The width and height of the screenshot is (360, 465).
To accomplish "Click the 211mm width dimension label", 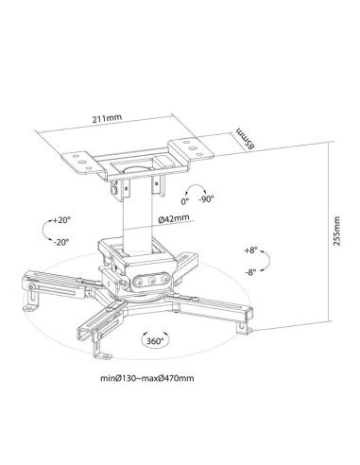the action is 107,119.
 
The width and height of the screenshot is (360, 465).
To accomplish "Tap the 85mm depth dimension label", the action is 246,138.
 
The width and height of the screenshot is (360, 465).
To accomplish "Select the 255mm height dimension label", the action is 336,232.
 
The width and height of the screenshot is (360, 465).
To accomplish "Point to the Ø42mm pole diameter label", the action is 174,218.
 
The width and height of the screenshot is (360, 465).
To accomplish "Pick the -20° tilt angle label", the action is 61,242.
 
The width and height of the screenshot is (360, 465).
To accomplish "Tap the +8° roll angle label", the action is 250,250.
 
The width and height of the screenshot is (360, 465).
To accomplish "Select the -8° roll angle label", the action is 250,271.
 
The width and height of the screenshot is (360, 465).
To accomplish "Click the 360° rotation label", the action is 154,340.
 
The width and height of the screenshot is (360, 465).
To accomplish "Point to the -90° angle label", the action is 206,199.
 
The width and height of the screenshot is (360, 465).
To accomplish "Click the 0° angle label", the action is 185,201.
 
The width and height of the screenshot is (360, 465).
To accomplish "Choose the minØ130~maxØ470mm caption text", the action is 147,378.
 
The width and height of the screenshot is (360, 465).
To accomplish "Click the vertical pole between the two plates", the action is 136,217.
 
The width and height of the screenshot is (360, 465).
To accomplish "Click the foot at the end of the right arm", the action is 245,328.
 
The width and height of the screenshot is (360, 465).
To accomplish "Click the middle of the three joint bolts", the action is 152,280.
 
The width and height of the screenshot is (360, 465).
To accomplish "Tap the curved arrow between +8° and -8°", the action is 268,261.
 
